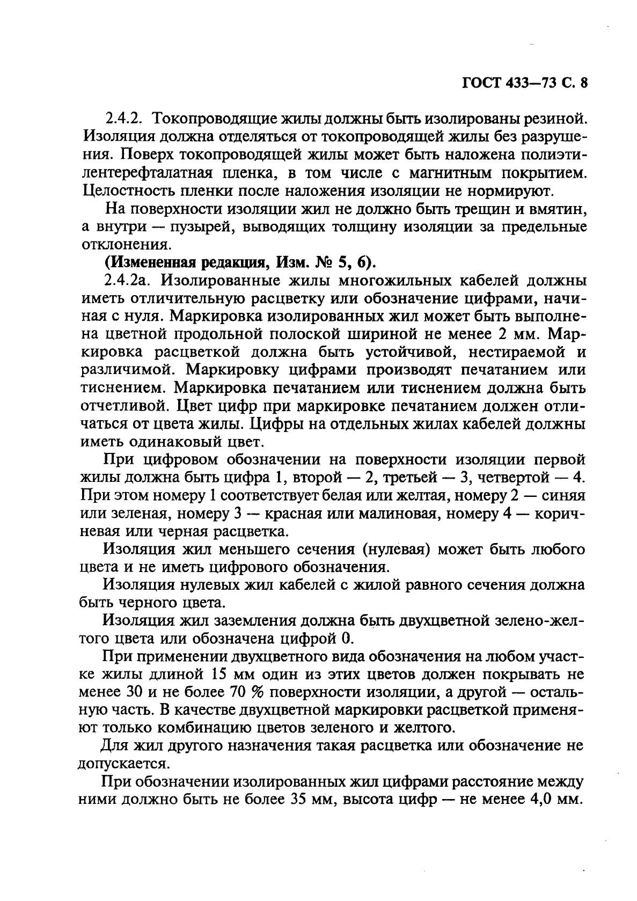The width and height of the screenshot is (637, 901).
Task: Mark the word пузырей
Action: click(202, 226)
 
